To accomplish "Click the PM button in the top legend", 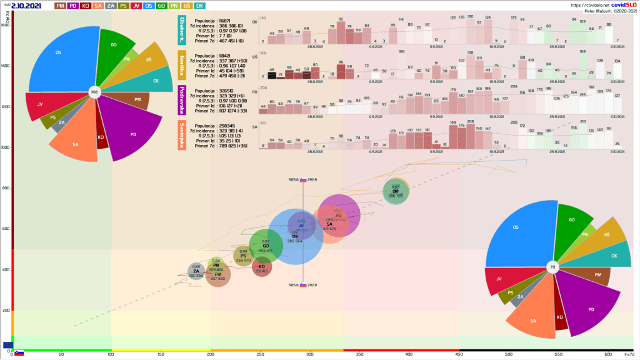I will tap(61, 6).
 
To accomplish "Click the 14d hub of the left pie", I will tap(94, 92).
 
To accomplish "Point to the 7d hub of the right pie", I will tap(552, 267).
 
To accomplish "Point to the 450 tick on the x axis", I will tap(459, 355).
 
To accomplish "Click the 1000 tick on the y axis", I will tap(6, 147).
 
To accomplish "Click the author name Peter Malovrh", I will tap(600, 11).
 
